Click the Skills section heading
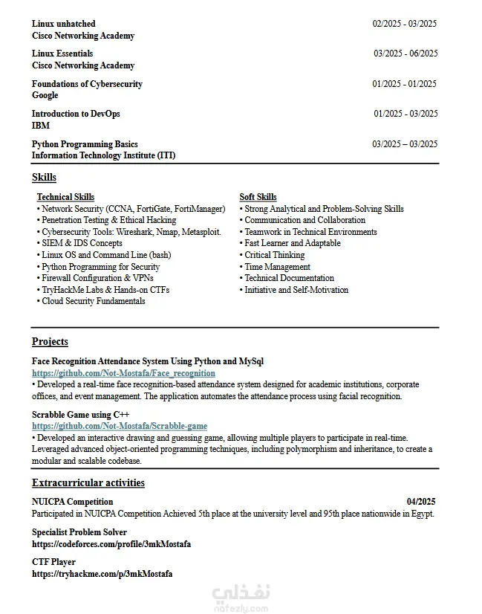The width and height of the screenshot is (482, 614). [x=44, y=178]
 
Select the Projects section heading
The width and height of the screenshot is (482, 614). [x=50, y=342]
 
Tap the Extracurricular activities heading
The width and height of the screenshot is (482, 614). [x=88, y=483]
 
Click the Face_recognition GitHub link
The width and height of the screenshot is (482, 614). [x=123, y=373]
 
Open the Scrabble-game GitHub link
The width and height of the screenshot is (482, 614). [x=120, y=426]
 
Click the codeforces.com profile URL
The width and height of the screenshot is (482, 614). [x=111, y=544]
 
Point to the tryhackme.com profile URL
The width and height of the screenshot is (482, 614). [x=102, y=574]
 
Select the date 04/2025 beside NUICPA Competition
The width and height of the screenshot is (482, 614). [x=420, y=502]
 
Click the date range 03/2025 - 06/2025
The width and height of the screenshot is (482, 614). [x=405, y=54]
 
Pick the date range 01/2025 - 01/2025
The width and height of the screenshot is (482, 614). [x=404, y=84]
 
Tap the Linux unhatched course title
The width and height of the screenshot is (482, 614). [x=63, y=24]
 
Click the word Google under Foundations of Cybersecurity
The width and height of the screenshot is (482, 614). [x=45, y=95]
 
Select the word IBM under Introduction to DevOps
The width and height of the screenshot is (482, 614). [x=41, y=126]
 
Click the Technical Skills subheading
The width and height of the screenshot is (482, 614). [x=65, y=197]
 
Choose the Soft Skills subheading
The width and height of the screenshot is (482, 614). [x=258, y=197]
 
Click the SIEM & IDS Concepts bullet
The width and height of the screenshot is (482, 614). [x=82, y=243]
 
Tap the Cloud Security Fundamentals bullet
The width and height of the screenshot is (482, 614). [x=93, y=301]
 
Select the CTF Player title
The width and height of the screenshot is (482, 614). [x=53, y=562]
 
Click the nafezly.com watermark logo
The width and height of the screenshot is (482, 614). [x=241, y=598]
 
